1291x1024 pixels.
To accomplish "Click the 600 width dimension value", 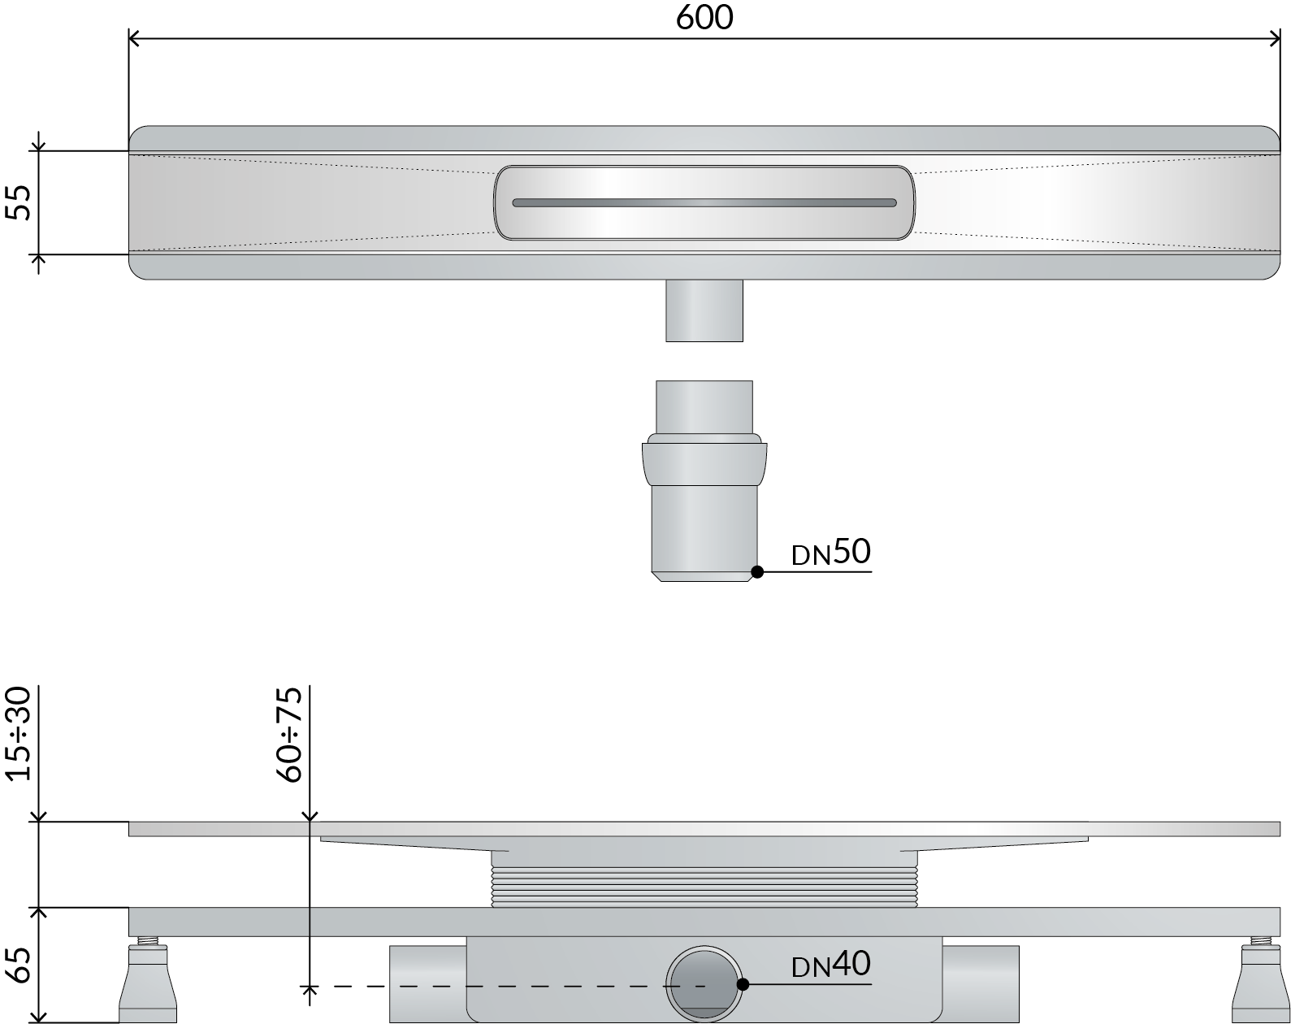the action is point(704,17).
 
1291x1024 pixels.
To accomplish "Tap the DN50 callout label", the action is point(831,552).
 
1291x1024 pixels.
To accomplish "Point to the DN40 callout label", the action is point(831,964).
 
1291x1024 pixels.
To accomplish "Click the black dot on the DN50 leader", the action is point(757,572).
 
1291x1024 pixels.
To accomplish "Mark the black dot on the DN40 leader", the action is point(743,984).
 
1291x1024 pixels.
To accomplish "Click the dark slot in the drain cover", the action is point(704,203).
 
